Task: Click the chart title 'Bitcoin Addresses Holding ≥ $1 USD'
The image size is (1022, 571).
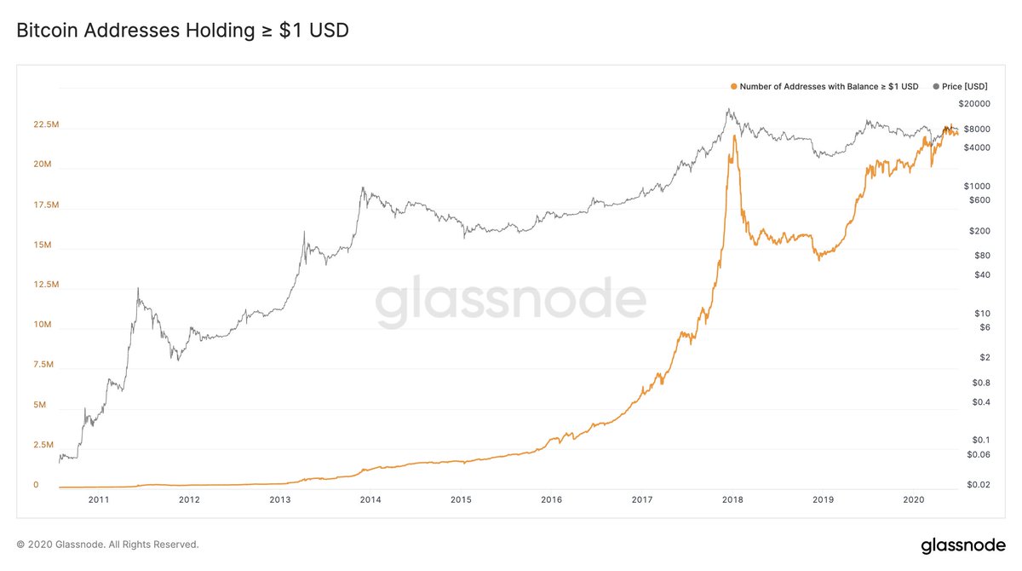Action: pos(182,31)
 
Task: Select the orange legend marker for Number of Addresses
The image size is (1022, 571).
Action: pos(733,86)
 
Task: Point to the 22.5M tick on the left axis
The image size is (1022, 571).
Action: pos(46,124)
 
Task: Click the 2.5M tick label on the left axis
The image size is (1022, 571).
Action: pos(43,445)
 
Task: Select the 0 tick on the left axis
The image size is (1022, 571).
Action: pos(36,485)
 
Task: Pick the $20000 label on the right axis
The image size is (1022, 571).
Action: pos(974,104)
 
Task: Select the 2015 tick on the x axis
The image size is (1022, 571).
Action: pos(461,500)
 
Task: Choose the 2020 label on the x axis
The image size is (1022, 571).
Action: pos(914,500)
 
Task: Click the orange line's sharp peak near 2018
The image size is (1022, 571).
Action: pos(734,136)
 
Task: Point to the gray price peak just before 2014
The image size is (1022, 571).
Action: pos(363,188)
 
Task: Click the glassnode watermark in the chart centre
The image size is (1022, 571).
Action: pos(511,303)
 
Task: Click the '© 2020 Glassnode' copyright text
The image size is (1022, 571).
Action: pos(107,544)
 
